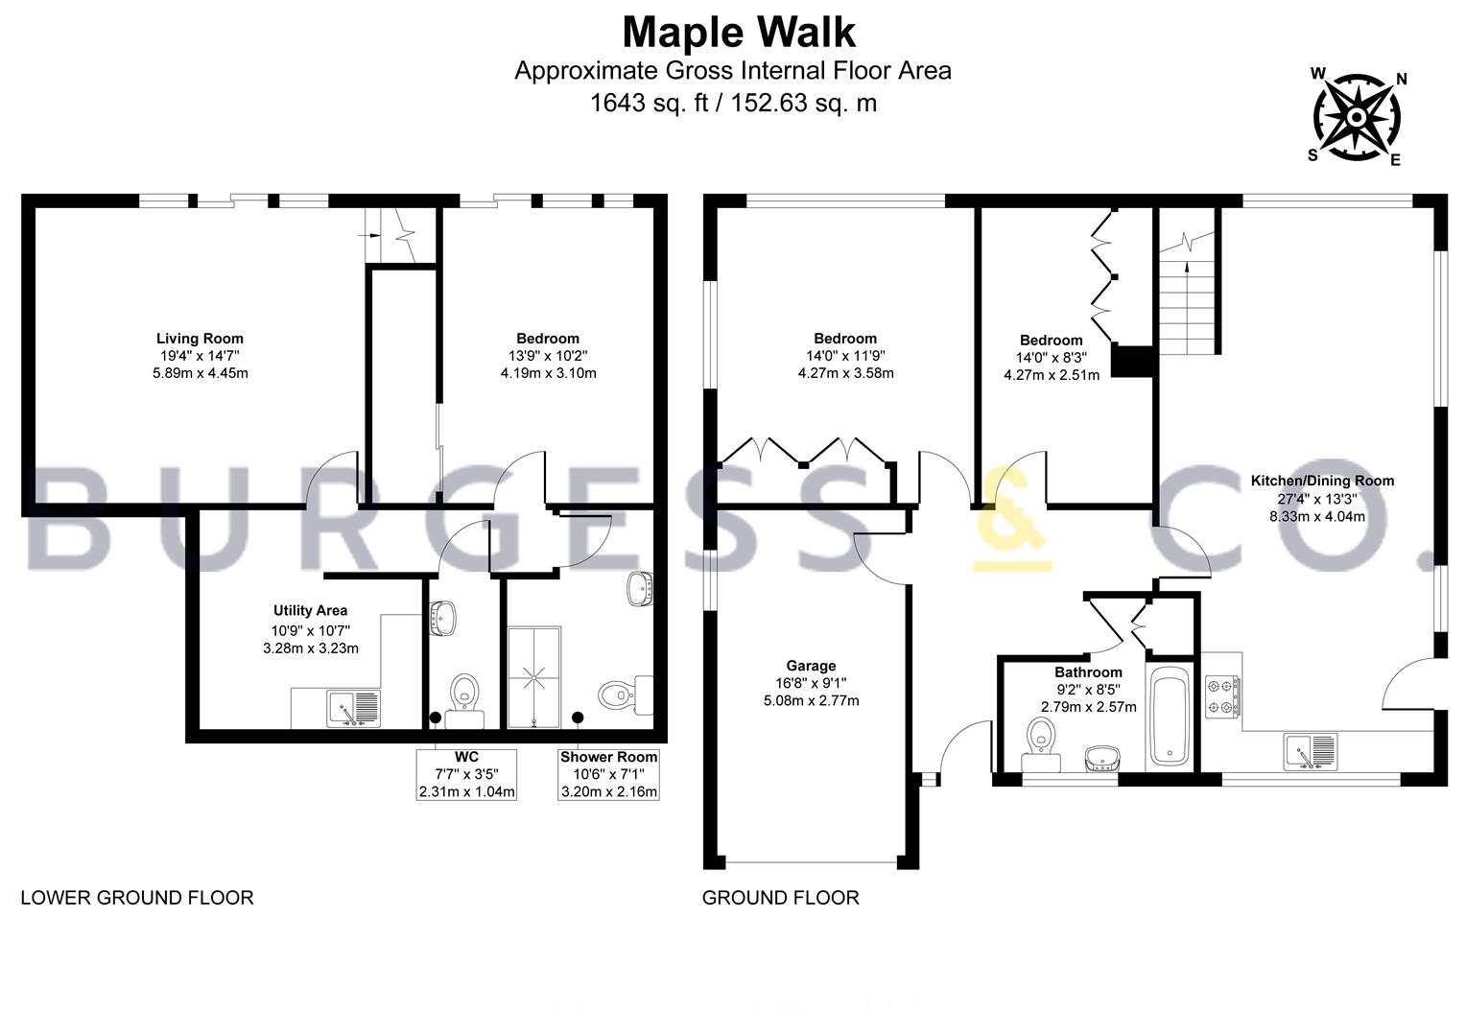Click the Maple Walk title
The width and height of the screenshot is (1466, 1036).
click(739, 32)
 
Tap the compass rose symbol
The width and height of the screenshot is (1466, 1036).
click(1357, 117)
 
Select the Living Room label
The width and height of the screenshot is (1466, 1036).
click(200, 339)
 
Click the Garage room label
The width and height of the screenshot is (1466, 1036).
click(811, 666)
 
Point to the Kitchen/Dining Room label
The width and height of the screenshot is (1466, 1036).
click(1322, 481)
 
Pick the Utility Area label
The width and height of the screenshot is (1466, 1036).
click(310, 611)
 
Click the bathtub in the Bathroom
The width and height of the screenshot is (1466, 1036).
click(1170, 716)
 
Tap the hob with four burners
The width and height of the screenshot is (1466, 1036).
click(1222, 696)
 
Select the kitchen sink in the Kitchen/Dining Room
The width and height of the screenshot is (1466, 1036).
click(1310, 751)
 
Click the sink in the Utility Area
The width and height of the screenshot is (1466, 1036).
click(353, 709)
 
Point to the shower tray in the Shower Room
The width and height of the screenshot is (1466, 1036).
click(534, 677)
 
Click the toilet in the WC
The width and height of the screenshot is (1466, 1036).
click(464, 700)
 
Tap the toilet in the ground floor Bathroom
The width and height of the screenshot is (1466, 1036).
click(1041, 745)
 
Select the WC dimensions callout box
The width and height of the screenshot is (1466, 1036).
click(466, 775)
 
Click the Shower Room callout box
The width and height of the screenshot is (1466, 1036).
click(608, 775)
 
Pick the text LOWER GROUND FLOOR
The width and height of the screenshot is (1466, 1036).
click(137, 897)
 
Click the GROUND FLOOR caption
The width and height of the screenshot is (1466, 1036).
click(781, 897)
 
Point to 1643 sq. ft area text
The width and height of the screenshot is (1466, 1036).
click(650, 103)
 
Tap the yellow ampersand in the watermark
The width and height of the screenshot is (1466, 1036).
click(1012, 517)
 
